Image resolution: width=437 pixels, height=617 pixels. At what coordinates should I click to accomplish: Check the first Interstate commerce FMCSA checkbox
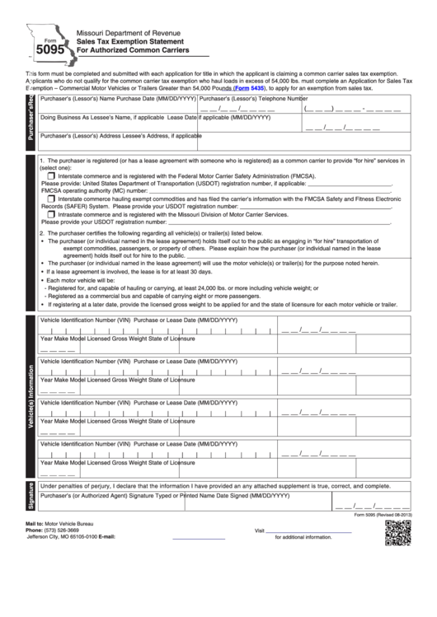click(53, 175)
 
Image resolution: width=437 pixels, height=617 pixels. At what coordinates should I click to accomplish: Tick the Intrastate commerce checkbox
click(53, 213)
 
